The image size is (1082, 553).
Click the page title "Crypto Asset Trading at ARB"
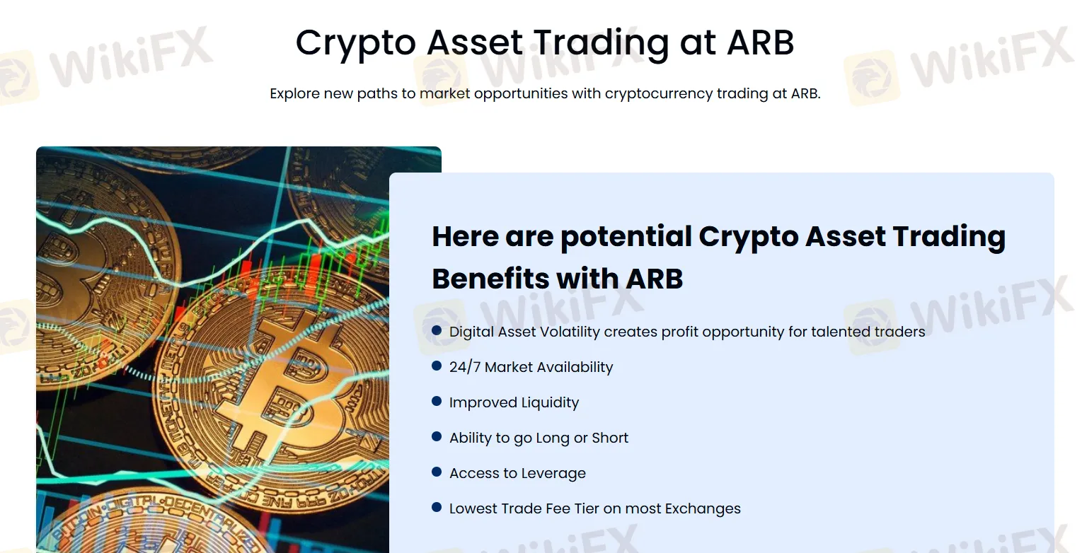[x=544, y=42]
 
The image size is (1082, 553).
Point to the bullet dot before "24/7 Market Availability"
[x=437, y=366]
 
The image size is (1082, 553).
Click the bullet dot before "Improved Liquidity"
[x=437, y=401]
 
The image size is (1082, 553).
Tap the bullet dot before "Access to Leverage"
[x=437, y=472]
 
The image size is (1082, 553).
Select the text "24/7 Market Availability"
[x=531, y=367]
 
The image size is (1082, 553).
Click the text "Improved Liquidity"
[x=514, y=402]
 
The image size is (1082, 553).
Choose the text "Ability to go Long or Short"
[x=539, y=438]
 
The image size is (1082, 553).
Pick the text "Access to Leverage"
[x=517, y=473]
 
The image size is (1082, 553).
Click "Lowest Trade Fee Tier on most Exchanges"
[x=594, y=508]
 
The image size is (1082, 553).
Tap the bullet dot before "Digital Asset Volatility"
[x=437, y=330]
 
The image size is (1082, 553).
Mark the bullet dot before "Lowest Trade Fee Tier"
[x=437, y=507]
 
